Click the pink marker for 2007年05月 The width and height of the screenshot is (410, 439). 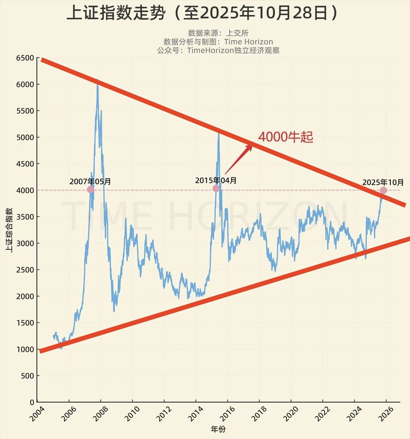tap(91, 190)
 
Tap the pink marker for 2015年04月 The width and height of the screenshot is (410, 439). tap(216, 188)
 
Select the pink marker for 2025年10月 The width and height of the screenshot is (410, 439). tap(383, 190)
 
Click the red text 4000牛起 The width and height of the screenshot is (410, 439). tap(286, 137)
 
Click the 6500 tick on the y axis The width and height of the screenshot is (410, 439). tap(25, 58)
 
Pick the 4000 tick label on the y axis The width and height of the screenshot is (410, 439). tap(25, 190)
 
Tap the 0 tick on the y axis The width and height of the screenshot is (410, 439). tap(32, 402)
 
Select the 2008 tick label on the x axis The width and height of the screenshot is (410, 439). tap(100, 413)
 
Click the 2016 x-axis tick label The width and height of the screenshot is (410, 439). tap(227, 413)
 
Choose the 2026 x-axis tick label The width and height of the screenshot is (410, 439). tap(385, 413)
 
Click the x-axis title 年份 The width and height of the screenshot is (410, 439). tap(218, 429)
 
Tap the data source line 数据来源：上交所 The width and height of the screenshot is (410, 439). tap(218, 33)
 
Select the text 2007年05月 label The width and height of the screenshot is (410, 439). tap(90, 181)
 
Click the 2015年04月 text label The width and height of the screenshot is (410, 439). tap(216, 180)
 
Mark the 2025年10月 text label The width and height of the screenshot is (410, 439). tap(383, 182)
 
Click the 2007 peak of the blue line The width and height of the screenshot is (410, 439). tap(97, 80)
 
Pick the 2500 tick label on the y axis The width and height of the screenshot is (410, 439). tap(25, 270)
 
